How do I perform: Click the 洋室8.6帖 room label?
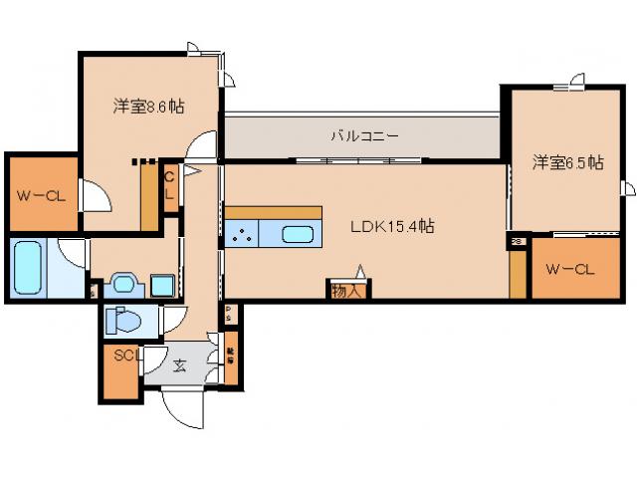pos(147,104)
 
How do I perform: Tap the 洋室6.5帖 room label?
pos(566,162)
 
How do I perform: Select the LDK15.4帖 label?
pos(391,226)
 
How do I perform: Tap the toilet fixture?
pos(124,321)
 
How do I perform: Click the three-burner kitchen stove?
pos(242,235)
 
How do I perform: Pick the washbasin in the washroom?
pos(122,284)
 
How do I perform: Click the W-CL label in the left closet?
pos(40,195)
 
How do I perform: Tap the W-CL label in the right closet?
pos(570,268)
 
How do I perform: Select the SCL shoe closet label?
pos(124,356)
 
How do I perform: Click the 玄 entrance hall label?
pos(180,365)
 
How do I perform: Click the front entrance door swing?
pos(182,408)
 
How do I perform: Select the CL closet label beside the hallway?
pos(169,186)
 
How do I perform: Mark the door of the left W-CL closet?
pos(95,195)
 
